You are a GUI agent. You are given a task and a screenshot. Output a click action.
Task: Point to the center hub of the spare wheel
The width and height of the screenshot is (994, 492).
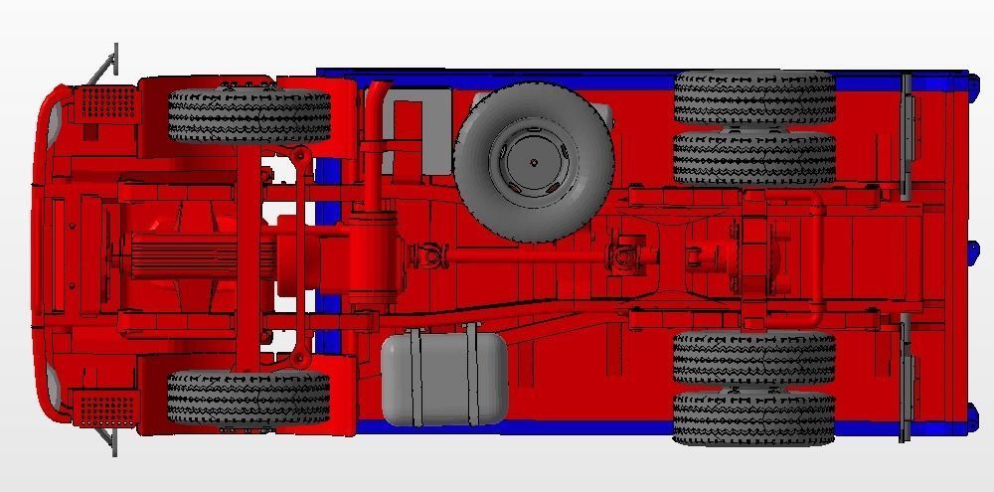(534, 161)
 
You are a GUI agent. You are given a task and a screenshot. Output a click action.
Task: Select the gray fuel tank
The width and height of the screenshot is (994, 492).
(443, 379)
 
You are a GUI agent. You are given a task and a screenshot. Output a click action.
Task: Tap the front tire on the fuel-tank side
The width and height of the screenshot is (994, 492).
(248, 398)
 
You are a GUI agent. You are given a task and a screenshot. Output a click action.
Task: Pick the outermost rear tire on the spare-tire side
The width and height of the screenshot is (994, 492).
(753, 96)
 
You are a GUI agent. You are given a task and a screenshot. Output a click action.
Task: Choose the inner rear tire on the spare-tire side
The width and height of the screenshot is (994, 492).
(753, 157)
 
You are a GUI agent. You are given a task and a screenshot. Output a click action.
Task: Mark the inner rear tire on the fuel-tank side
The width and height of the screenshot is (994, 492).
(753, 358)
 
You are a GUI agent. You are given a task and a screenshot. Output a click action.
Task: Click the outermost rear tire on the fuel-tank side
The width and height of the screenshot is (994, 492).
(753, 417)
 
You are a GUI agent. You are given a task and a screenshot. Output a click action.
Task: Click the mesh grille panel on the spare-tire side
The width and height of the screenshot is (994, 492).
(107, 103)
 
